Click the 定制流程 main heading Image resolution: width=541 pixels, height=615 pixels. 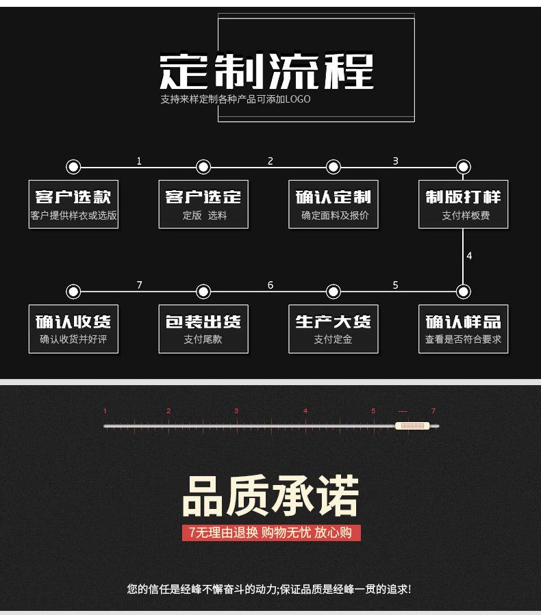pyautogui.click(x=266, y=71)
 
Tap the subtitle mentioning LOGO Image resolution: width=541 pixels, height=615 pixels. pyautogui.click(x=235, y=99)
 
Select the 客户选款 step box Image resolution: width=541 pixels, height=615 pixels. pyautogui.click(x=73, y=204)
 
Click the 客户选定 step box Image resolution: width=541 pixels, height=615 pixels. pyautogui.click(x=203, y=204)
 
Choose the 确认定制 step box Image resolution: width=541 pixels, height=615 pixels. pyautogui.click(x=334, y=204)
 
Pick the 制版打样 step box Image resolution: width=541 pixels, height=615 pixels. pyautogui.click(x=463, y=204)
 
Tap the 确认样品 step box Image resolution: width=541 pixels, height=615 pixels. pyautogui.click(x=463, y=328)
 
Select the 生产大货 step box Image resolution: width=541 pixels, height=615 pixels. pyautogui.click(x=334, y=328)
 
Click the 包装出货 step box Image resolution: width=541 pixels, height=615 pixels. pyautogui.click(x=203, y=328)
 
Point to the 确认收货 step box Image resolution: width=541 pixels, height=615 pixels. pyautogui.click(x=73, y=328)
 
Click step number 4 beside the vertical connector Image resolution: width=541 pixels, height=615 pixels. pyautogui.click(x=469, y=256)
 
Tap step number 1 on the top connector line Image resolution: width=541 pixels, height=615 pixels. pyautogui.click(x=139, y=161)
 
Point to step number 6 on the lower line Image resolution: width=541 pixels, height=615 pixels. pyautogui.click(x=270, y=285)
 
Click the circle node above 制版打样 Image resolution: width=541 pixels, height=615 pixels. pyautogui.click(x=463, y=167)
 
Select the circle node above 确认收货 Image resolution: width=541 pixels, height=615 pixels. pyautogui.click(x=73, y=291)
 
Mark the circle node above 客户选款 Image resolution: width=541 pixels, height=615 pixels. pyautogui.click(x=73, y=167)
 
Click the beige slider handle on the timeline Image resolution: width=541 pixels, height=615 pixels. pyautogui.click(x=412, y=426)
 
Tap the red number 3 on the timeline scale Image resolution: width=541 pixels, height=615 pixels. pyautogui.click(x=236, y=410)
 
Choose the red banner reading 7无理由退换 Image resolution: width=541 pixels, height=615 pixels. pyautogui.click(x=271, y=533)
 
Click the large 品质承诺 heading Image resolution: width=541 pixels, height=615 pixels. pyautogui.click(x=270, y=496)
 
